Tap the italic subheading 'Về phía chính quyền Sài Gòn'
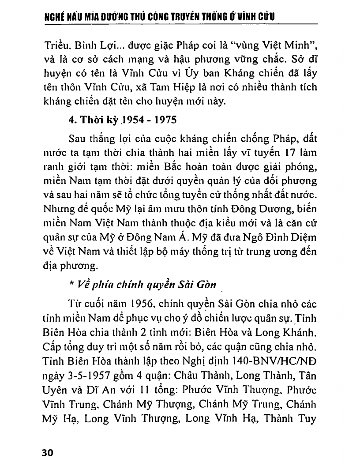(x=145, y=284)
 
